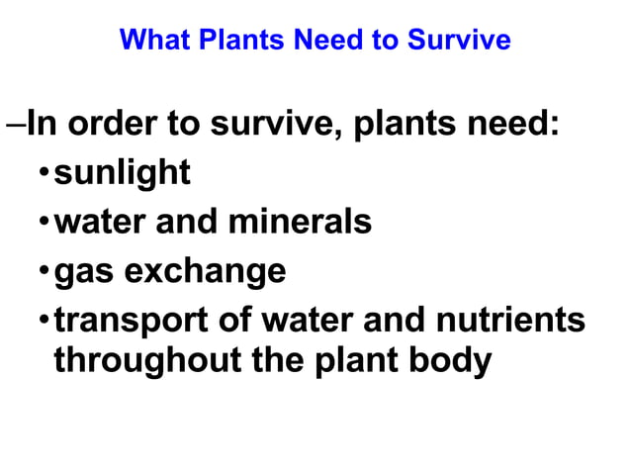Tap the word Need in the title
tap(298, 41)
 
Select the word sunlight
tap(122, 173)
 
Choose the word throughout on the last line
tap(141, 361)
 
